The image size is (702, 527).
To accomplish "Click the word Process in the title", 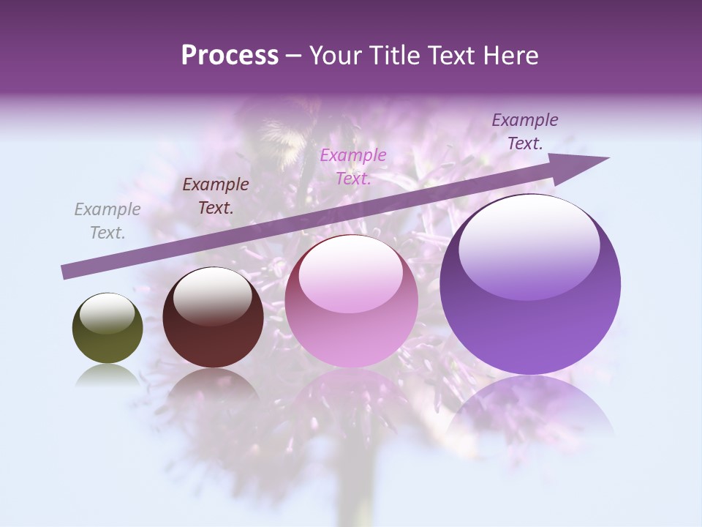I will (x=230, y=56).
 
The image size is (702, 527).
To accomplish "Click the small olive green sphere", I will (x=107, y=329).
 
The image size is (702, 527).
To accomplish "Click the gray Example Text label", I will (x=107, y=221).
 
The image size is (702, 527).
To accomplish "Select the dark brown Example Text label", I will (x=216, y=196).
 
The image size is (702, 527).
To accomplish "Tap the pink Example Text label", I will (x=353, y=166).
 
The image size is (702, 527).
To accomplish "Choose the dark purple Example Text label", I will (x=524, y=132).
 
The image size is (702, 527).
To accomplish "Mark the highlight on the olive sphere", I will (x=107, y=313).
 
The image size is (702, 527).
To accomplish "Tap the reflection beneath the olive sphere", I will (x=107, y=374).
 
